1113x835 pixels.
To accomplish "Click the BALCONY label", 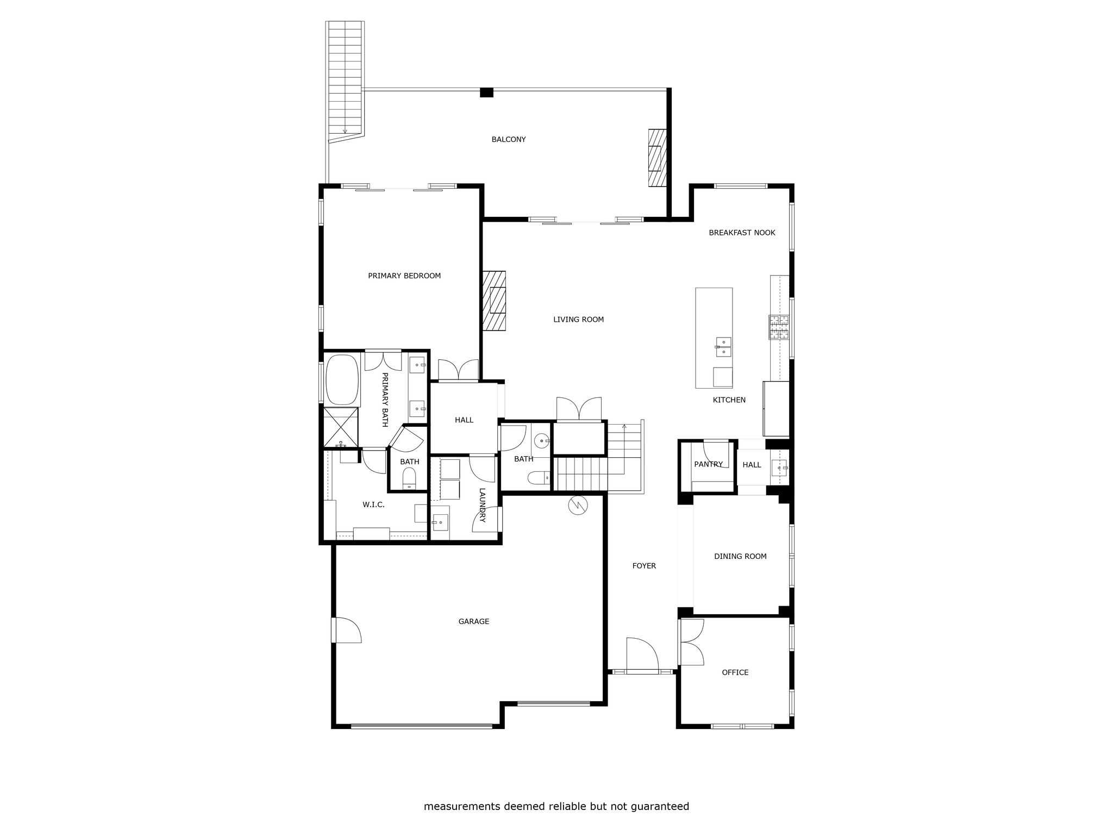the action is click(x=509, y=140).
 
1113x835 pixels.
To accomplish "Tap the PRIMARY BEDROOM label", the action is click(x=404, y=276).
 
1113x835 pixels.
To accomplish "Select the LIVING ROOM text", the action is click(x=578, y=320).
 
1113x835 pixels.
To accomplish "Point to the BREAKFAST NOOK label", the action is click(x=742, y=233).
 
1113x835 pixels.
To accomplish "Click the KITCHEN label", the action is click(x=729, y=400).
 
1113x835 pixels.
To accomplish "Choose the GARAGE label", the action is click(x=474, y=621).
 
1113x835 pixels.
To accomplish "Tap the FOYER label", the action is click(x=644, y=566).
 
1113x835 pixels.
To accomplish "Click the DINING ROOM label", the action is click(x=740, y=556).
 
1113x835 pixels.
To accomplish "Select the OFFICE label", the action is click(x=735, y=672).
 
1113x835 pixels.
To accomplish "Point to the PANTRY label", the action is click(x=709, y=464).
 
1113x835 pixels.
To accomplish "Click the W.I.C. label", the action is click(x=374, y=505).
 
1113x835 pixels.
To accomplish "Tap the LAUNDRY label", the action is click(x=482, y=506).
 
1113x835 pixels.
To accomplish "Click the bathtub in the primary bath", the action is click(x=342, y=380).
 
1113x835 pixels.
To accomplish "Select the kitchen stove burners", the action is click(x=778, y=327).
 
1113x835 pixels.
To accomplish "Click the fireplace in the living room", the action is click(x=494, y=301).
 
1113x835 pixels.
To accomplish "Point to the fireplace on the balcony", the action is click(x=657, y=158).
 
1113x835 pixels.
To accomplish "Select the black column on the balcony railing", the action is click(x=486, y=92).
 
